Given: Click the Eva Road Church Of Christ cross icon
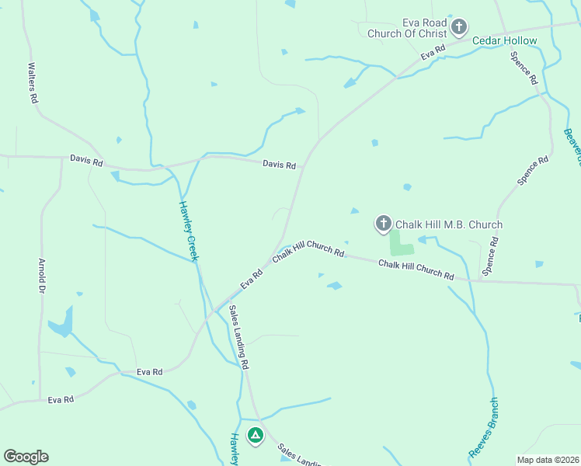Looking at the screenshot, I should (459, 28).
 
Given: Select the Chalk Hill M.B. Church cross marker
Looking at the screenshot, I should (383, 224).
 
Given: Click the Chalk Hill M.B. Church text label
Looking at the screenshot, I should (449, 224).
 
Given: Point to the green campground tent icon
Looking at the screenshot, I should (255, 436).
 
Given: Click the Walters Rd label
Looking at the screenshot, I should (33, 83).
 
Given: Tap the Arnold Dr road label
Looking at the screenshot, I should (41, 276).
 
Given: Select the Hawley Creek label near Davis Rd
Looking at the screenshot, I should (189, 231).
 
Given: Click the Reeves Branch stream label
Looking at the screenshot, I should (482, 427).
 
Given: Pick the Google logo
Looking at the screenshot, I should (26, 457).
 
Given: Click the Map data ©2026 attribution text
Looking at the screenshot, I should (548, 460).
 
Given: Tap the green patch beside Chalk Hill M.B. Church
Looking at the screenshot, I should (401, 245).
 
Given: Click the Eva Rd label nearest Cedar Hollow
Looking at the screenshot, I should (433, 52).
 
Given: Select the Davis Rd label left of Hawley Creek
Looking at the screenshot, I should (85, 162).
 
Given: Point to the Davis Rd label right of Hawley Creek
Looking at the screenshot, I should (279, 165).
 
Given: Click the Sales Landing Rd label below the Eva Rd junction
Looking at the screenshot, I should (238, 337).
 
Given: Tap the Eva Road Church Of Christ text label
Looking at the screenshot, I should (423, 28).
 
